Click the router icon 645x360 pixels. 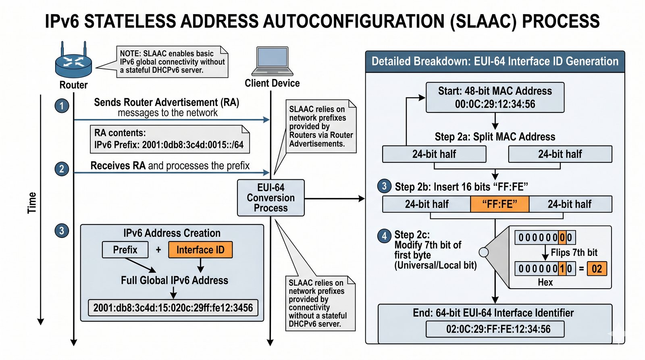(73, 63)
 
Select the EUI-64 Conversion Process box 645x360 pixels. (271, 198)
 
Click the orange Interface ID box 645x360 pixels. (200, 250)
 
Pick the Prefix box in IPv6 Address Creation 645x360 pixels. (125, 250)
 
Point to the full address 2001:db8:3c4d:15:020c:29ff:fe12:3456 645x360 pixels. (173, 308)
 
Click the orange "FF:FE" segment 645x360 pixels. (499, 204)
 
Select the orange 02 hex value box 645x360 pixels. (597, 269)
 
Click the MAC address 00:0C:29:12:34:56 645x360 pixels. (495, 104)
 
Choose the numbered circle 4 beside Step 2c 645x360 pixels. (384, 236)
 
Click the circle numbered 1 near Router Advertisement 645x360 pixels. (62, 106)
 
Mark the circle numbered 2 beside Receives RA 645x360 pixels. (62, 169)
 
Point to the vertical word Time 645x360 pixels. (32, 203)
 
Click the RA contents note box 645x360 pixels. (169, 139)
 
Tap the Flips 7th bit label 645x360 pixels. (574, 253)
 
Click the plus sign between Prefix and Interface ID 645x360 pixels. (158, 250)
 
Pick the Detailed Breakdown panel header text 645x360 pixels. (495, 61)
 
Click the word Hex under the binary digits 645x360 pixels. (545, 282)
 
